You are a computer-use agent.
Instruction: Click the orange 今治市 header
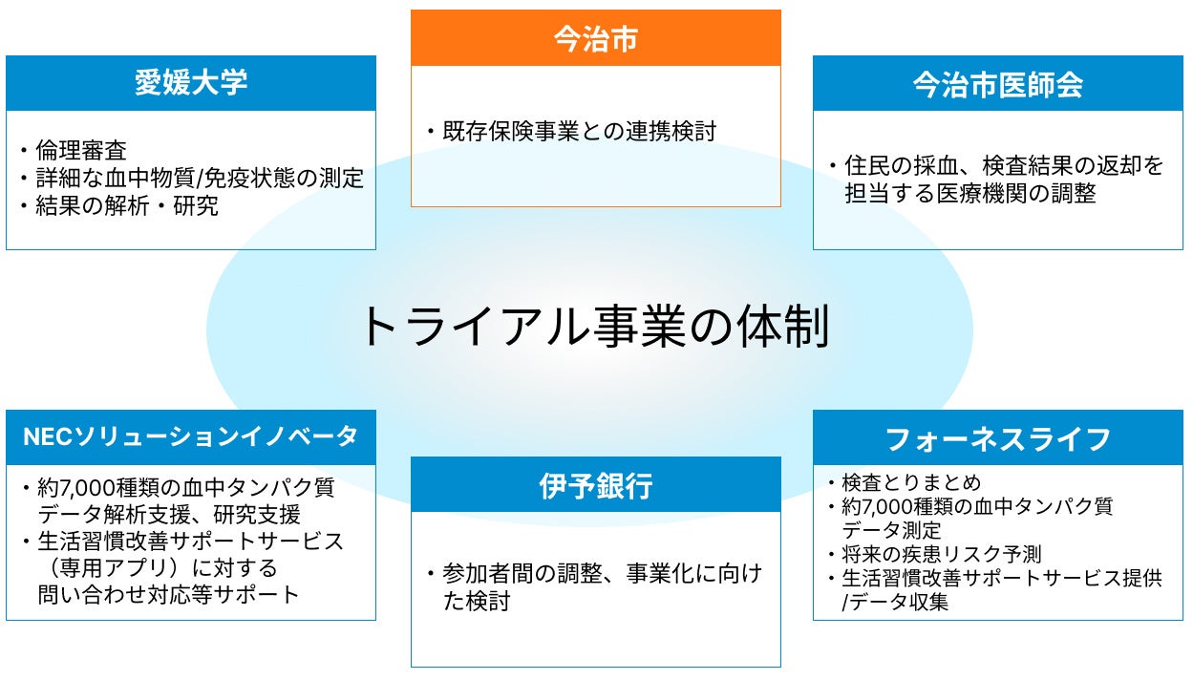pyautogui.click(x=595, y=38)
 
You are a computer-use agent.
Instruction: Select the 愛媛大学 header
pyautogui.click(x=190, y=83)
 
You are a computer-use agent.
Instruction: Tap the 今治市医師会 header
pyautogui.click(x=997, y=85)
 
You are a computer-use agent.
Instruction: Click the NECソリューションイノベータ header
pyautogui.click(x=190, y=437)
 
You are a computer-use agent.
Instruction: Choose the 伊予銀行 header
pyautogui.click(x=595, y=485)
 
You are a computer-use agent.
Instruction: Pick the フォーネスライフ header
pyautogui.click(x=997, y=438)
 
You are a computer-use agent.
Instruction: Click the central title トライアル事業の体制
pyautogui.click(x=592, y=327)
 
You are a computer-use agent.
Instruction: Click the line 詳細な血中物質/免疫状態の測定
pyautogui.click(x=200, y=178)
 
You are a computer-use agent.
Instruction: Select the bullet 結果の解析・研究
pyautogui.click(x=127, y=205)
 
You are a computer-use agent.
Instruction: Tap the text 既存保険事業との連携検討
pyautogui.click(x=578, y=131)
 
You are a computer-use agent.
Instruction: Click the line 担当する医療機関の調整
pyautogui.click(x=969, y=193)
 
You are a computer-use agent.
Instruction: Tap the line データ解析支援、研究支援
pyautogui.click(x=169, y=515)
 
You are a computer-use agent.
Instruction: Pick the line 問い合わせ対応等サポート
pyautogui.click(x=168, y=594)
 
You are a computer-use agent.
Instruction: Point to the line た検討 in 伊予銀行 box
pyautogui.click(x=476, y=601)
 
